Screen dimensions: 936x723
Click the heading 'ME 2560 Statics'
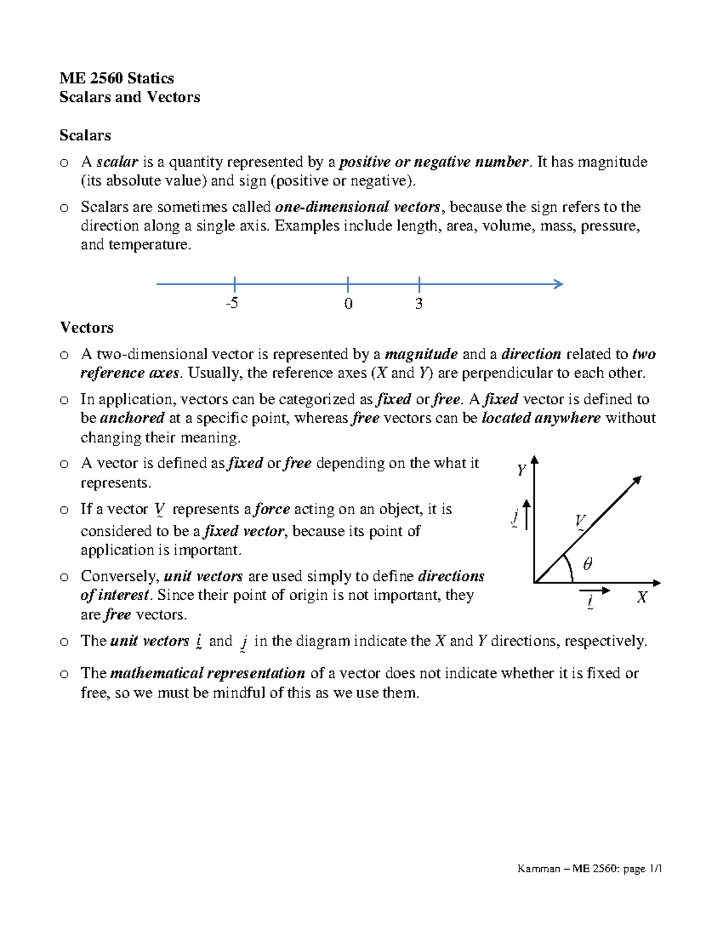coord(116,78)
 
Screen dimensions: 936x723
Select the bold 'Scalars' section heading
coord(85,135)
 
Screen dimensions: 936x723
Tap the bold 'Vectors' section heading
coord(86,327)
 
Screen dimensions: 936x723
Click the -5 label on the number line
coord(231,303)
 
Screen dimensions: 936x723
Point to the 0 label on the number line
coord(348,304)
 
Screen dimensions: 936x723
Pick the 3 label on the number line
coord(418,304)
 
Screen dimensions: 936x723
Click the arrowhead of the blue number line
coord(559,284)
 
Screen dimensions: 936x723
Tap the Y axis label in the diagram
coord(521,470)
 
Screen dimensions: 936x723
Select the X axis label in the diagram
coord(642,597)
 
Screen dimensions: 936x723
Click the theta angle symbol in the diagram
coord(587,564)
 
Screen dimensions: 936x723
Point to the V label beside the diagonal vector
coord(580,520)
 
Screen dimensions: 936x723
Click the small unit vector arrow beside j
coord(527,515)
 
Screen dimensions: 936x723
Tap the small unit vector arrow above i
coord(595,591)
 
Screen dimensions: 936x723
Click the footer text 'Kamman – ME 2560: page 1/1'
coord(589,868)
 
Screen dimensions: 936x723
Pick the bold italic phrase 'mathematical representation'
coord(208,673)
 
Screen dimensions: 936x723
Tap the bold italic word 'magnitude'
coord(421,354)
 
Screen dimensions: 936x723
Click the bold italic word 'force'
coord(272,509)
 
